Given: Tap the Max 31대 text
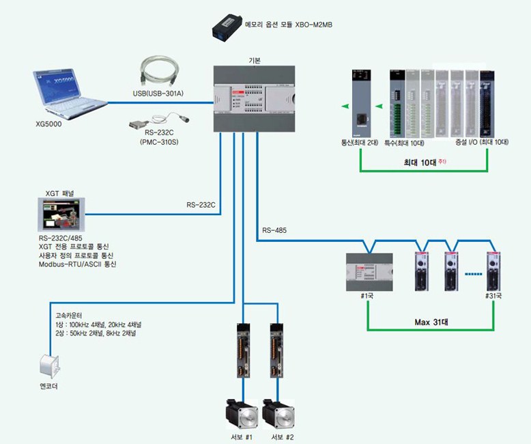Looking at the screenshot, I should [435, 321].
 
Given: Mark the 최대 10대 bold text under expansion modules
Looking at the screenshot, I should [421, 163].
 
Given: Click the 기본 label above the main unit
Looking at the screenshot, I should [255, 60].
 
